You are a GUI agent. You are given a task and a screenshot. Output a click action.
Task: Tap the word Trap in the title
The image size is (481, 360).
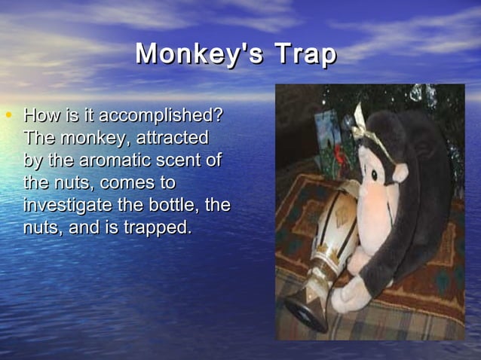tap(305, 55)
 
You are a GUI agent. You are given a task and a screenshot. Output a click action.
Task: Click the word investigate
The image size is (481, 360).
tap(66, 205)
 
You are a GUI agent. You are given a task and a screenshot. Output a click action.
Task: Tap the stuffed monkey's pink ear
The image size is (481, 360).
tap(400, 172)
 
